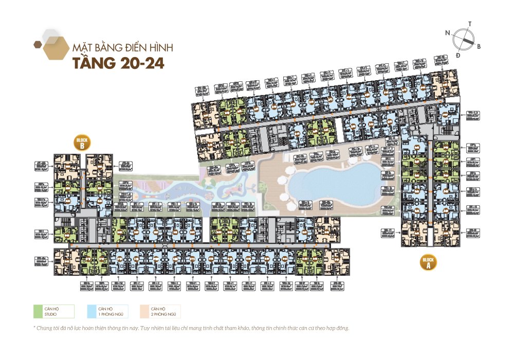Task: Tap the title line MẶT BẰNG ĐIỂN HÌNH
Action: (122, 48)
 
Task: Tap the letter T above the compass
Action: (470, 24)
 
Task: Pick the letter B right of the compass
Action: (479, 47)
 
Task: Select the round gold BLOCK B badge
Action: (82, 143)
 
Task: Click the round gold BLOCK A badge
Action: (428, 262)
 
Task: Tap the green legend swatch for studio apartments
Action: (38, 311)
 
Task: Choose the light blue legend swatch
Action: (91, 311)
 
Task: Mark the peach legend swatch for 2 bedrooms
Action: (144, 311)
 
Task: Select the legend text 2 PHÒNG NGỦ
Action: (162, 314)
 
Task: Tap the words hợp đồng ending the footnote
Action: (339, 328)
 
